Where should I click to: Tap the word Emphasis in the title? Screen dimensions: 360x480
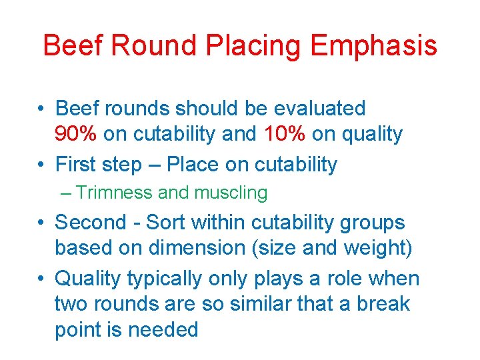(x=374, y=47)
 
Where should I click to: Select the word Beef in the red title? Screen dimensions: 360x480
(x=75, y=47)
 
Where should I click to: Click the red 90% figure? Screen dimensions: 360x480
(x=77, y=134)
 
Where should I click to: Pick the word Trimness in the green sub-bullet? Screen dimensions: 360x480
(x=115, y=193)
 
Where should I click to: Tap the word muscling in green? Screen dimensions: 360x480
(x=231, y=193)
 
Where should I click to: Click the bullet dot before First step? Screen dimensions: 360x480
(x=41, y=165)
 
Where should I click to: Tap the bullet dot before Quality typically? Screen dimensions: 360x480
(x=41, y=279)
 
